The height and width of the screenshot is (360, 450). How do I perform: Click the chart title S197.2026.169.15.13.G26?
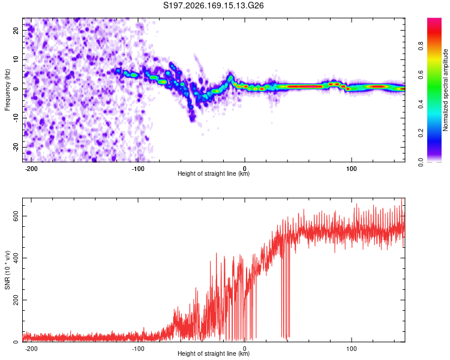pyautogui.click(x=213, y=5)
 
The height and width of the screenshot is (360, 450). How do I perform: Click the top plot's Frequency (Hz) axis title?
pyautogui.click(x=7, y=90)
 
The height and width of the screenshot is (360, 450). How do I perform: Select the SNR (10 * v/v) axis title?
pyautogui.click(x=7, y=270)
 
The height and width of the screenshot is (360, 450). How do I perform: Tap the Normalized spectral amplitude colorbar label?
pyautogui.click(x=445, y=90)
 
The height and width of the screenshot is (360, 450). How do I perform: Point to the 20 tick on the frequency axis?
pyautogui.click(x=16, y=30)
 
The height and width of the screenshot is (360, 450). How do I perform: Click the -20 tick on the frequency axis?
pyautogui.click(x=16, y=147)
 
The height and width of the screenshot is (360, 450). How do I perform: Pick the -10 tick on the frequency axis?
pyautogui.click(x=16, y=118)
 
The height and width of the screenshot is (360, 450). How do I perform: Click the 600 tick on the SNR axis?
pyautogui.click(x=16, y=216)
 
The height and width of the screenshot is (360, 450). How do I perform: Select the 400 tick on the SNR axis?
pyautogui.click(x=16, y=258)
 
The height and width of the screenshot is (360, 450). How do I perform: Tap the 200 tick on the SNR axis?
pyautogui.click(x=16, y=300)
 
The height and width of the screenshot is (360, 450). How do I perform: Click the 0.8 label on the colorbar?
pyautogui.click(x=421, y=46)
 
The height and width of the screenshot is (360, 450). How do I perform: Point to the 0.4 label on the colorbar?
pyautogui.click(x=421, y=104)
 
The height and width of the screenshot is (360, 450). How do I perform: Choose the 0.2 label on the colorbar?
pyautogui.click(x=421, y=133)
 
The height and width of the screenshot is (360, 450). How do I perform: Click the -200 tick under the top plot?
pyautogui.click(x=31, y=169)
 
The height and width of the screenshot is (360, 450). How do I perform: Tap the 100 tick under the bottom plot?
pyautogui.click(x=351, y=349)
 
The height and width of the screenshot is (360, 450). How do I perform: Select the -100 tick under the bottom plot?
pyautogui.click(x=138, y=349)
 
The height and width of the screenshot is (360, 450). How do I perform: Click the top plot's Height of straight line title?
pyautogui.click(x=214, y=173)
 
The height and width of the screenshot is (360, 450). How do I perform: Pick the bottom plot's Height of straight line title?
pyautogui.click(x=214, y=353)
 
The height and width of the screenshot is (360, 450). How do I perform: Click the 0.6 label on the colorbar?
pyautogui.click(x=421, y=75)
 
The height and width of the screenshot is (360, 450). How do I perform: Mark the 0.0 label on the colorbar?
pyautogui.click(x=421, y=162)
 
